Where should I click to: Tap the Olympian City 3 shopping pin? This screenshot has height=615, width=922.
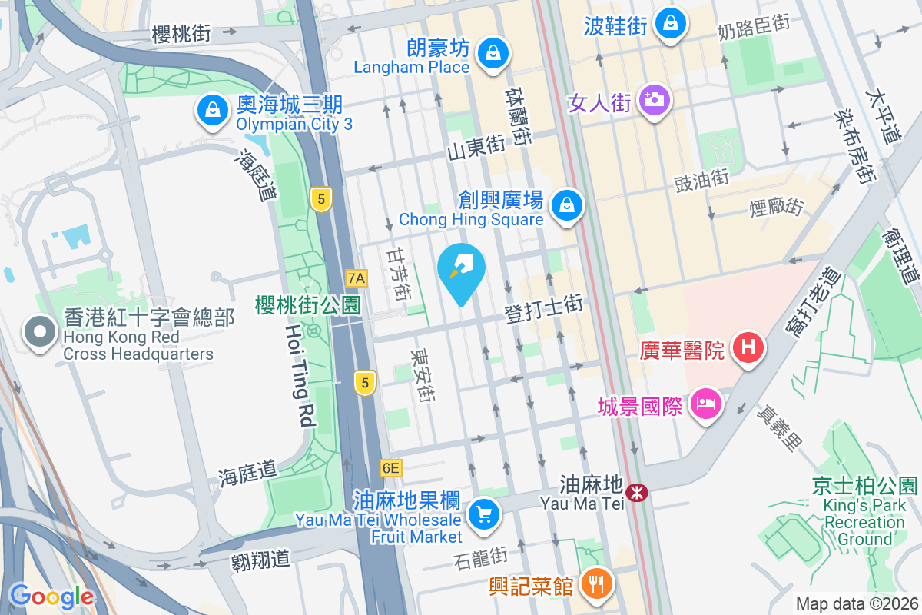211,110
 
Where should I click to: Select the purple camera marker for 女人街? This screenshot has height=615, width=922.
655,100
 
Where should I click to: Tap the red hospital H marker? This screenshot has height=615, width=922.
749,348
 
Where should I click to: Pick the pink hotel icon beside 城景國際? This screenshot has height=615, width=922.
704,404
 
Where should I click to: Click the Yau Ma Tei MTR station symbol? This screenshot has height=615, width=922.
636,492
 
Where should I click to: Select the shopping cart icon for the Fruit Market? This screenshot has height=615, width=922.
484,513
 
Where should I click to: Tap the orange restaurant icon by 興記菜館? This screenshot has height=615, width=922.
595,584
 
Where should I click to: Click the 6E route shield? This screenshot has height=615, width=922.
390,467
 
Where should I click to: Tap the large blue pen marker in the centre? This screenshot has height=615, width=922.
461,272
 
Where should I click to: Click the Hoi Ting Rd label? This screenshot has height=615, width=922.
300,375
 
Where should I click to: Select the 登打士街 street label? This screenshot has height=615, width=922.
544,310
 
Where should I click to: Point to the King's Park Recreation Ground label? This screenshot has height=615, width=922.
864,514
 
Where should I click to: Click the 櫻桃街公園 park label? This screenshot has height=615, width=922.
307,304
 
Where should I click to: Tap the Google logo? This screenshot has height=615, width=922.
51,596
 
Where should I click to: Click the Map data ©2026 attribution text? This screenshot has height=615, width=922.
856,604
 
